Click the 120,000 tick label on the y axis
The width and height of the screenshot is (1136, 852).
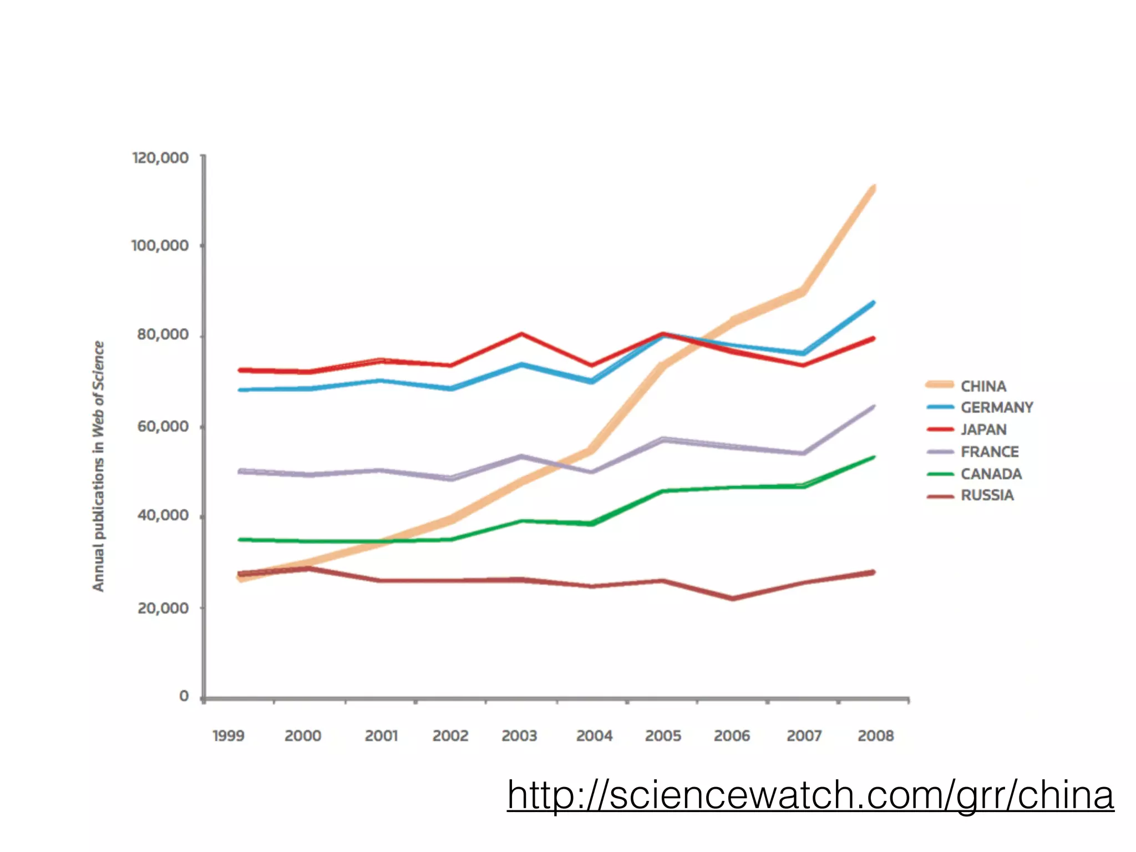160,158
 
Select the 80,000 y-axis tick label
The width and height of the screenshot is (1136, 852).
163,335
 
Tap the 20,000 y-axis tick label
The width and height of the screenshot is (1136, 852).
163,608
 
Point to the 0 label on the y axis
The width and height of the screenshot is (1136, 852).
184,696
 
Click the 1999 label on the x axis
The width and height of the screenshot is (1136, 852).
228,736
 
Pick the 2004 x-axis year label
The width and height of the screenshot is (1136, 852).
594,736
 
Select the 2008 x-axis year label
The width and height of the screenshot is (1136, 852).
875,736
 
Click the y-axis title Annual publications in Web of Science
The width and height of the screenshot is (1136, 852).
98,466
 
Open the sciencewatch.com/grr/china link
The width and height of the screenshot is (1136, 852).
810,795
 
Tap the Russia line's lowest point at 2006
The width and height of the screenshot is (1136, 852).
733,599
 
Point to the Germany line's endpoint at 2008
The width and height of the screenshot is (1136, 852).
874,303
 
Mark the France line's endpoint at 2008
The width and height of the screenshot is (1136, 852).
874,407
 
